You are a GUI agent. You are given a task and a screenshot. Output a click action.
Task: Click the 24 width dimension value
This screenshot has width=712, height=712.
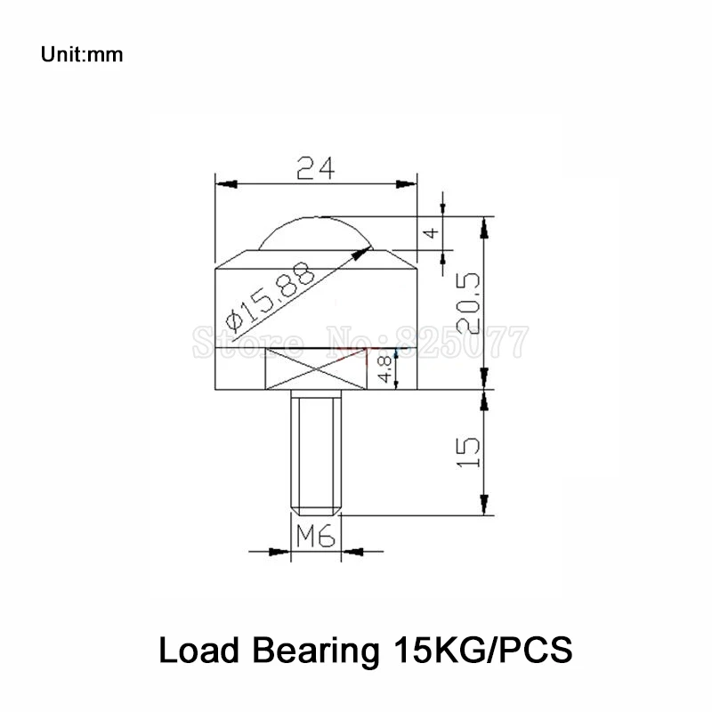pyautogui.click(x=316, y=167)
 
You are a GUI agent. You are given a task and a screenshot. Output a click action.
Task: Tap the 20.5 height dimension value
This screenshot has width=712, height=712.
pyautogui.click(x=470, y=303)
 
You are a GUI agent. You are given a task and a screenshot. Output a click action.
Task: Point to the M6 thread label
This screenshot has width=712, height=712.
pyautogui.click(x=315, y=537)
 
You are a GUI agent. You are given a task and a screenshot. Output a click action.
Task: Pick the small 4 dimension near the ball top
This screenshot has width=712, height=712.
pyautogui.click(x=431, y=232)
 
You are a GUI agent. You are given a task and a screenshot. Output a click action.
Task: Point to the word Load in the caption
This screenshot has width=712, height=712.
pyautogui.click(x=195, y=651)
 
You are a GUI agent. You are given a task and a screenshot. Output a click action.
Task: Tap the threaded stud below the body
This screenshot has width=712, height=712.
pyautogui.click(x=316, y=449)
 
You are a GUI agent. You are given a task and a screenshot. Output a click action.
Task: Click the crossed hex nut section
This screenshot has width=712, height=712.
pyautogui.click(x=316, y=368)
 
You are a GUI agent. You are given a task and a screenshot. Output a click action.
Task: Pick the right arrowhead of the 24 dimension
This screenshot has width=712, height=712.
pyautogui.click(x=409, y=183)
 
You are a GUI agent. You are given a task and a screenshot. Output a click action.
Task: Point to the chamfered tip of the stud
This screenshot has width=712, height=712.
pyautogui.click(x=316, y=510)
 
